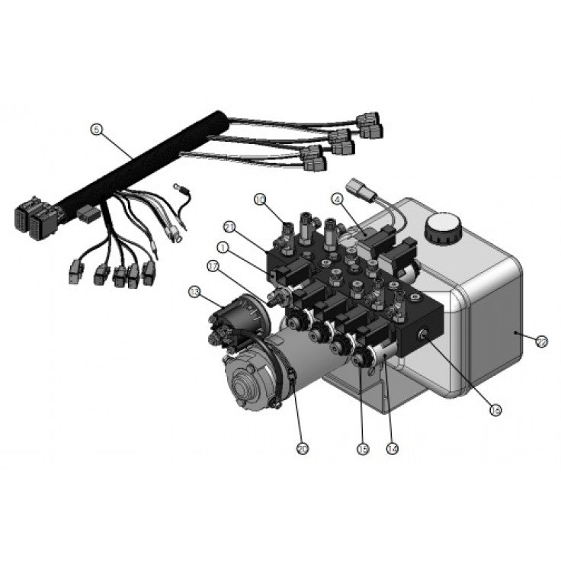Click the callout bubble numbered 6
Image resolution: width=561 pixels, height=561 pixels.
[x=95, y=130]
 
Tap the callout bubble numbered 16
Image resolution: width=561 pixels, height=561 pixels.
[x=495, y=409]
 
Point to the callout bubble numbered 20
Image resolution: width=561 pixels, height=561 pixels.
[x=303, y=449]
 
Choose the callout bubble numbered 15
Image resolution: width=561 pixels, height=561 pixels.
[x=362, y=449]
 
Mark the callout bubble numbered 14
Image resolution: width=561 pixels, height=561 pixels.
[x=393, y=449]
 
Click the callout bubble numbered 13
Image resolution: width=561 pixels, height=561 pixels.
[x=195, y=292]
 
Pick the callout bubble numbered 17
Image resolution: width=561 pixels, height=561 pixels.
[x=214, y=266]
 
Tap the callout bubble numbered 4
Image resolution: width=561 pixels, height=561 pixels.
[x=335, y=200]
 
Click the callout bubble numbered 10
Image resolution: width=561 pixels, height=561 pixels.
[x=259, y=200]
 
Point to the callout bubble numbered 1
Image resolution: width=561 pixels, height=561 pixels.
[x=223, y=247]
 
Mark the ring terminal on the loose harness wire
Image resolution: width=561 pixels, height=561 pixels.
[x=176, y=237]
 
